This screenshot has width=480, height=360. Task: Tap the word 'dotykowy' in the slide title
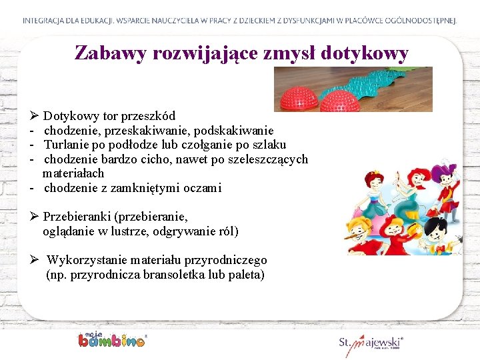[x=364, y=53]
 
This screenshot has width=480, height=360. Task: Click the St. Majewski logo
[x=371, y=343]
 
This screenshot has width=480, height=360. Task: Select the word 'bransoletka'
[x=175, y=274]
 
